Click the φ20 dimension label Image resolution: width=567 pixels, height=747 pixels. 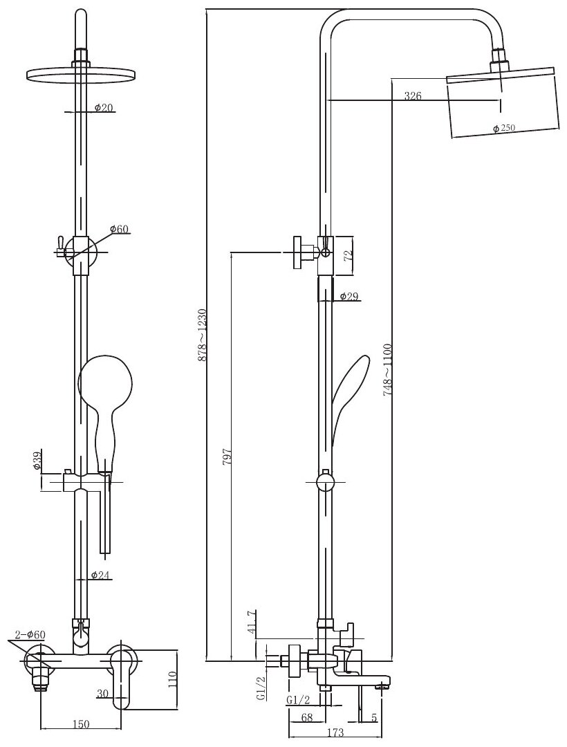[x=104, y=108]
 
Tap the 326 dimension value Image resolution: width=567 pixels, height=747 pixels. [x=413, y=96]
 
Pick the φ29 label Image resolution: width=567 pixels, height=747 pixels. [x=348, y=297]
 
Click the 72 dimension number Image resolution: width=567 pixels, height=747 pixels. [x=349, y=254]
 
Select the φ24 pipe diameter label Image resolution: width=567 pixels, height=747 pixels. [x=102, y=575]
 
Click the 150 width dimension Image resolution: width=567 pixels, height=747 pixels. [x=81, y=724]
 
